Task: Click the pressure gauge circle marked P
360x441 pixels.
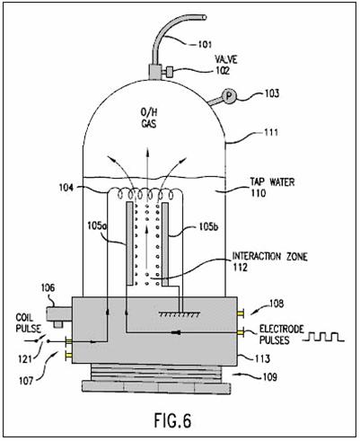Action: [x=229, y=96]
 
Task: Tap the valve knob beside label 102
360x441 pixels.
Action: [x=170, y=72]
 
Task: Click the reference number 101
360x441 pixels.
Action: [x=205, y=45]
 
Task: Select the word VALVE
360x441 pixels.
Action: [x=226, y=59]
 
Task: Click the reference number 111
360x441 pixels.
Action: [x=271, y=132]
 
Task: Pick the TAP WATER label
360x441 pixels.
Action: [x=272, y=181]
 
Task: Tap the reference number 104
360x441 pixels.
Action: [x=66, y=188]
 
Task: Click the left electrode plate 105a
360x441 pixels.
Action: [x=130, y=243]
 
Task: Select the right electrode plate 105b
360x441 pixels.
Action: [x=165, y=244]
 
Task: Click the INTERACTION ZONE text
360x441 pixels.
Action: [x=270, y=257]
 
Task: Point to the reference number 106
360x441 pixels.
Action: [x=48, y=287]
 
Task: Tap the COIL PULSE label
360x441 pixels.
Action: [x=29, y=322]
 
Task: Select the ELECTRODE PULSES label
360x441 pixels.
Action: [x=281, y=334]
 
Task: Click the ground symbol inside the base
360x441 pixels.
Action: [x=180, y=314]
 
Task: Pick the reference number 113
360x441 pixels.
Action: [x=262, y=358]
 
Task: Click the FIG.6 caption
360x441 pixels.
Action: [x=172, y=420]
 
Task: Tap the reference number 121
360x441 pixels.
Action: [x=25, y=358]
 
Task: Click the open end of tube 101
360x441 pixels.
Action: [x=204, y=17]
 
